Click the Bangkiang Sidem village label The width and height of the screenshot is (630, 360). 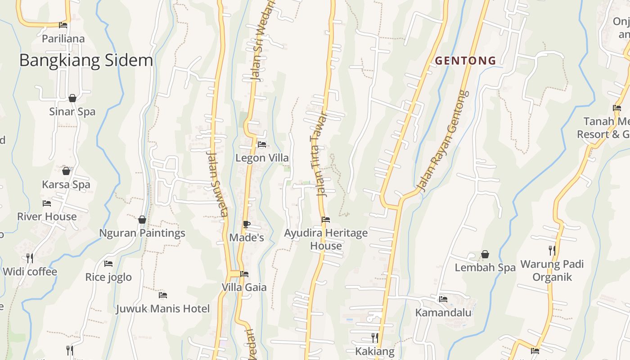click(86, 61)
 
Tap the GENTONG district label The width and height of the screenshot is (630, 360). click(465, 60)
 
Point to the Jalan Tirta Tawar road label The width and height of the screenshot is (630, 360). click(319, 154)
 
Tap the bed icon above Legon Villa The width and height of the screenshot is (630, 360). click(262, 144)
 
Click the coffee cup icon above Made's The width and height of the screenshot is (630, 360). click(246, 224)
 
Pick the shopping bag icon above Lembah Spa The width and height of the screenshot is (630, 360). click(485, 254)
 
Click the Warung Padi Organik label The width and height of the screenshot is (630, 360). click(552, 270)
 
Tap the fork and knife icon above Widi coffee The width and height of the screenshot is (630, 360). click(30, 258)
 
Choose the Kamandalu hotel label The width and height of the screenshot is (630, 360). click(443, 312)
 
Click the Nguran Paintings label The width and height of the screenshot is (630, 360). click(142, 233)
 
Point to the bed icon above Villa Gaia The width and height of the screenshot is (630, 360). click(244, 274)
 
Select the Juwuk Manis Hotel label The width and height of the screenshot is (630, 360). click(163, 309)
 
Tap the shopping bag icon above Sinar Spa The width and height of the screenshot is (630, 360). click(72, 98)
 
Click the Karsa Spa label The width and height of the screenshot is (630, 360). click(66, 184)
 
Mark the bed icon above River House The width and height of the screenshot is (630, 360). click(47, 203)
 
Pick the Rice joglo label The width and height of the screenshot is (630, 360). click(108, 277)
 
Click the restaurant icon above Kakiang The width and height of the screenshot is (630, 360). click(374, 337)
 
